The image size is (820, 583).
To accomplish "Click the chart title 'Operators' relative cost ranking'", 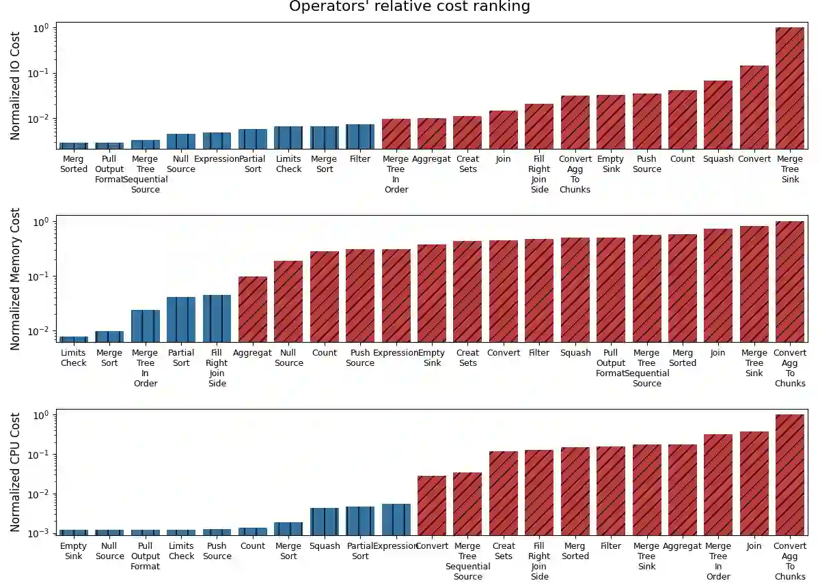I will [x=409, y=7].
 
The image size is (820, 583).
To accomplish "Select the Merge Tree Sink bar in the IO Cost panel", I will [x=790, y=88].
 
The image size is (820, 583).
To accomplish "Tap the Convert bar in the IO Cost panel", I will [x=754, y=107].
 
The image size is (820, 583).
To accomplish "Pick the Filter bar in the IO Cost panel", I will [x=360, y=137].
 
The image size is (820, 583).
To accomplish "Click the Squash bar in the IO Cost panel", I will [x=718, y=115].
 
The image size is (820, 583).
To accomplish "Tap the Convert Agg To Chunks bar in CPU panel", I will [x=790, y=474].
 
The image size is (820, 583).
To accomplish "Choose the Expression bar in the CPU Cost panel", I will [x=396, y=520].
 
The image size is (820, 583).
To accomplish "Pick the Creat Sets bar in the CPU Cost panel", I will [x=504, y=493].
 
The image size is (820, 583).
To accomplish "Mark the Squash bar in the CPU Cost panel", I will [x=325, y=522].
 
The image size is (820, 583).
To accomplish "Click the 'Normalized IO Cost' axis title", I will [x=15, y=86].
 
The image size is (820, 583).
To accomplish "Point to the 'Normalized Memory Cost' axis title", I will [x=15, y=279].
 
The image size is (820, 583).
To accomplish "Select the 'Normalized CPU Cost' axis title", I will [x=15, y=472].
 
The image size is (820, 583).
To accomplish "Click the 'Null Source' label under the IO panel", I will [x=181, y=164].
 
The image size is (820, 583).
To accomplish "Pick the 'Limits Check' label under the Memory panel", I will [x=74, y=358].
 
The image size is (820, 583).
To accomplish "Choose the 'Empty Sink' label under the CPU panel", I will [x=74, y=551].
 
